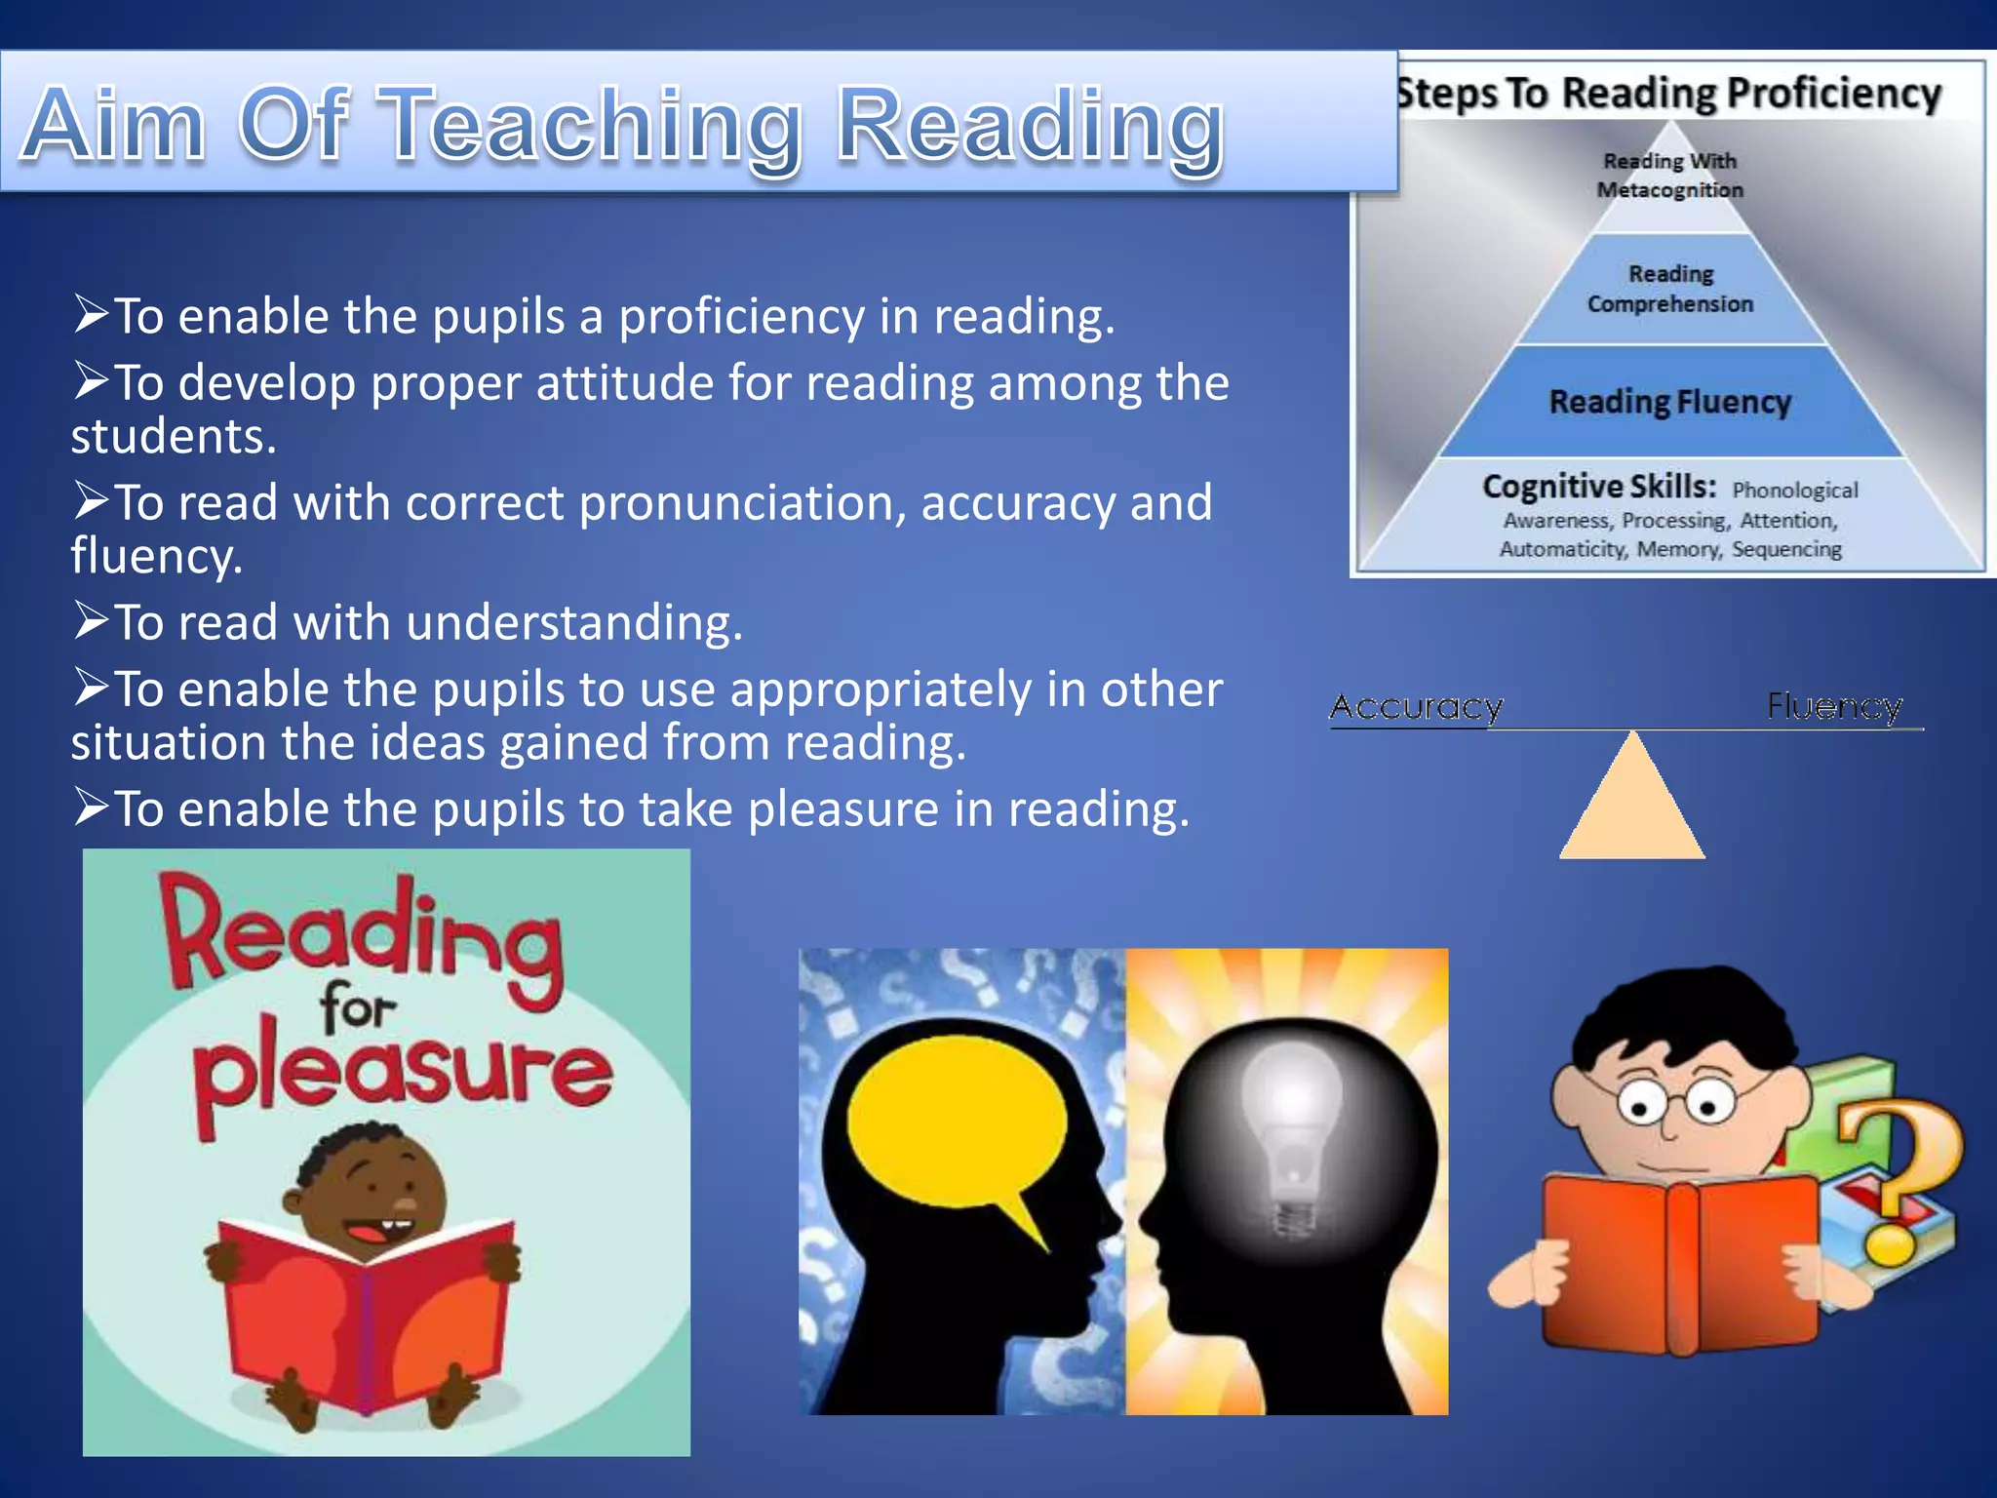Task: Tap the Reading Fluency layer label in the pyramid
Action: pyautogui.click(x=1669, y=402)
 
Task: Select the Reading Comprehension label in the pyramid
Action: pyautogui.click(x=1669, y=289)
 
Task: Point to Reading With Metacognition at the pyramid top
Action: pyautogui.click(x=1669, y=176)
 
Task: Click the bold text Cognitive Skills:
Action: pyautogui.click(x=1599, y=486)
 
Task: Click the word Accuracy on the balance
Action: pyautogui.click(x=1416, y=706)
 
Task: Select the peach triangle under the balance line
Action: pyautogui.click(x=1632, y=805)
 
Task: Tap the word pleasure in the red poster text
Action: pyautogui.click(x=400, y=1073)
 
